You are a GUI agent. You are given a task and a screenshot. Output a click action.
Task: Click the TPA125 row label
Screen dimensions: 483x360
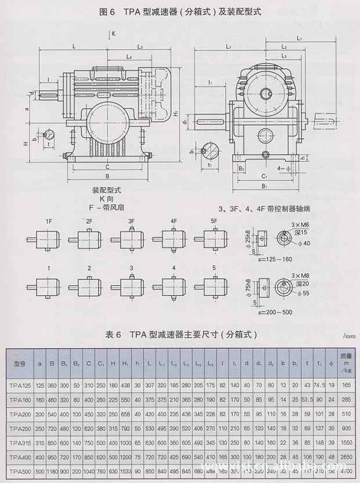20,385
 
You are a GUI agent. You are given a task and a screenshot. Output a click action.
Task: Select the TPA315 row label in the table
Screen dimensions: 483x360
20,442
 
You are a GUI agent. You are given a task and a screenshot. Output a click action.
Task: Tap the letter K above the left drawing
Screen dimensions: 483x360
113,34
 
